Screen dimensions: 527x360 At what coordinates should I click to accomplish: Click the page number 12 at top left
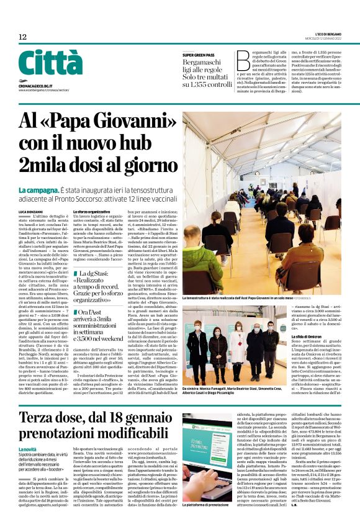click(23, 37)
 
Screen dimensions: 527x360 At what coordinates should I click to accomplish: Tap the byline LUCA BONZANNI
click(31, 212)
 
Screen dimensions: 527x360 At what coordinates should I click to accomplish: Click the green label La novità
click(27, 431)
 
